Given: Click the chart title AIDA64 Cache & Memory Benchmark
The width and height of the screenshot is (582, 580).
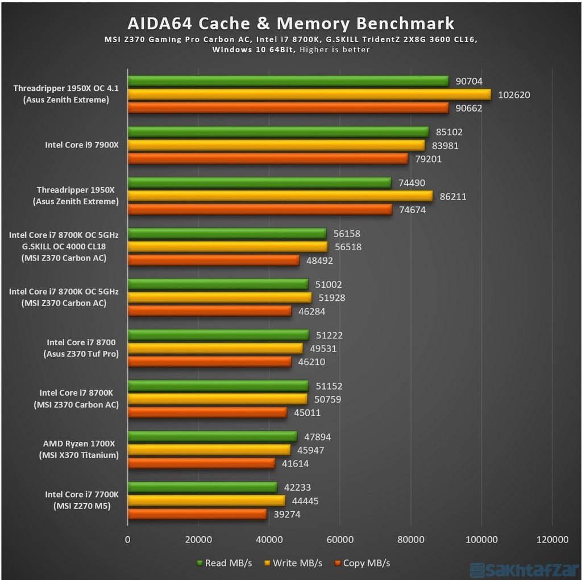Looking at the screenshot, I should [x=291, y=23].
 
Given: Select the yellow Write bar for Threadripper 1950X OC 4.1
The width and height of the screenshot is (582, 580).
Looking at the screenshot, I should [x=309, y=94].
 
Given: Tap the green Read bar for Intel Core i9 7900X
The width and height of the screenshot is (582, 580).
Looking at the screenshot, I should [x=278, y=132].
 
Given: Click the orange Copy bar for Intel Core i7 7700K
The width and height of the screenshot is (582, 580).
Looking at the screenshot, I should [x=197, y=514].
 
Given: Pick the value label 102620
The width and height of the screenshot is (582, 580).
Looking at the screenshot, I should [x=514, y=95].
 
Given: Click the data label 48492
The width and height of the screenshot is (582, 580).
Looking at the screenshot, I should [x=319, y=260].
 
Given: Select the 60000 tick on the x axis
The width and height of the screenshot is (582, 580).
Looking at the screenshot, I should [x=339, y=539].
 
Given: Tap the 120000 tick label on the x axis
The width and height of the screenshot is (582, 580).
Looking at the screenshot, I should [x=552, y=539].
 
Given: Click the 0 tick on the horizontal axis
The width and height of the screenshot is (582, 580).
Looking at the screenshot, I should [x=128, y=539].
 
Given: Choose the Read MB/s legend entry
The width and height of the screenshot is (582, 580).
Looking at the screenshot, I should [x=224, y=563].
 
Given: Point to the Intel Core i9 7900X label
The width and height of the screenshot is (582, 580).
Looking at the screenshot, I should [x=82, y=145].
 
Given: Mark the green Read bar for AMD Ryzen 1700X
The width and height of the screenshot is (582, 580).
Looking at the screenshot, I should [x=213, y=436].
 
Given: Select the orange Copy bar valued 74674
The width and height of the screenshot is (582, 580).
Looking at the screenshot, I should [x=260, y=210].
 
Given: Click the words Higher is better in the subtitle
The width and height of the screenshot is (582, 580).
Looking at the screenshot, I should [x=335, y=49].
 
